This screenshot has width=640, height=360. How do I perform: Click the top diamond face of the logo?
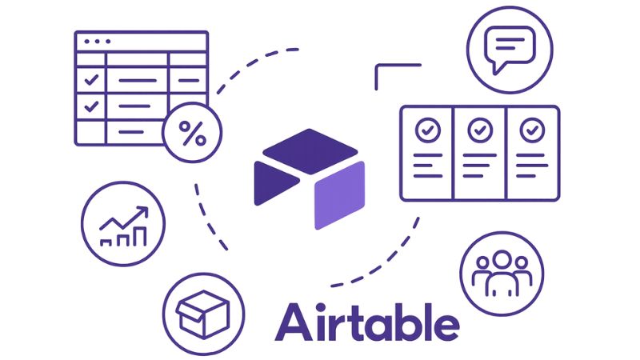[309, 147]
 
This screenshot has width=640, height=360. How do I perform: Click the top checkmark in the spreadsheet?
[92, 80]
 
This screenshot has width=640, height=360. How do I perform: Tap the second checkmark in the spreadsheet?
[92, 105]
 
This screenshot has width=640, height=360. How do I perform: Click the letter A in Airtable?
[294, 322]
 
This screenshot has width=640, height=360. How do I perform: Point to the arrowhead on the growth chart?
[144, 211]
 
